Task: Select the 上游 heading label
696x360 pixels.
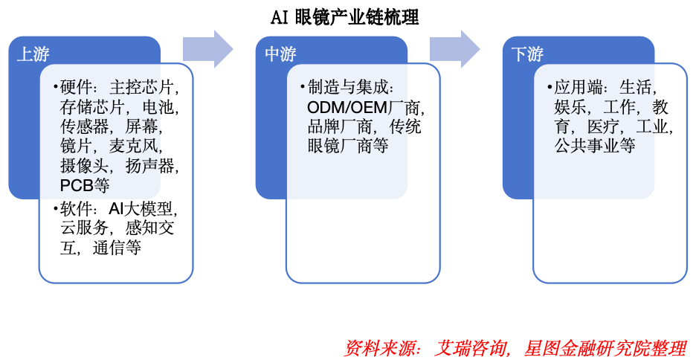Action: (x=33, y=54)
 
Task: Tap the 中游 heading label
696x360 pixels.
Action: (x=280, y=54)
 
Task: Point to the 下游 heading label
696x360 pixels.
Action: (x=527, y=54)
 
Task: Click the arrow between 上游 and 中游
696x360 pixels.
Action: (x=209, y=48)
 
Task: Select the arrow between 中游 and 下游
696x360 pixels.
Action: (x=455, y=48)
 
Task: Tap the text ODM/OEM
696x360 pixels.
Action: (x=348, y=107)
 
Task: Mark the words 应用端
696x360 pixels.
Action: (x=579, y=88)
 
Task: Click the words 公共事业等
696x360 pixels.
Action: (x=594, y=146)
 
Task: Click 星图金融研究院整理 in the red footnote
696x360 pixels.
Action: (x=605, y=347)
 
